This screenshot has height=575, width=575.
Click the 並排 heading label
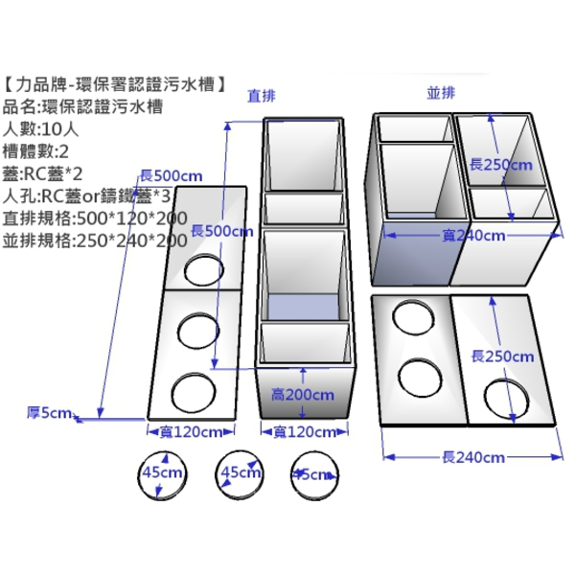point(442,92)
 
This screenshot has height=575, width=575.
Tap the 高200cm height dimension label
point(303,394)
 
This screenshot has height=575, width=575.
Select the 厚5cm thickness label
point(49,413)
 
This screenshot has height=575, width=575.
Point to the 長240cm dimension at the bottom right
point(472,457)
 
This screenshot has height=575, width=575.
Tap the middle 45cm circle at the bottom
point(240,473)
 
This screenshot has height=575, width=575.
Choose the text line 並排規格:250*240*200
point(95,239)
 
